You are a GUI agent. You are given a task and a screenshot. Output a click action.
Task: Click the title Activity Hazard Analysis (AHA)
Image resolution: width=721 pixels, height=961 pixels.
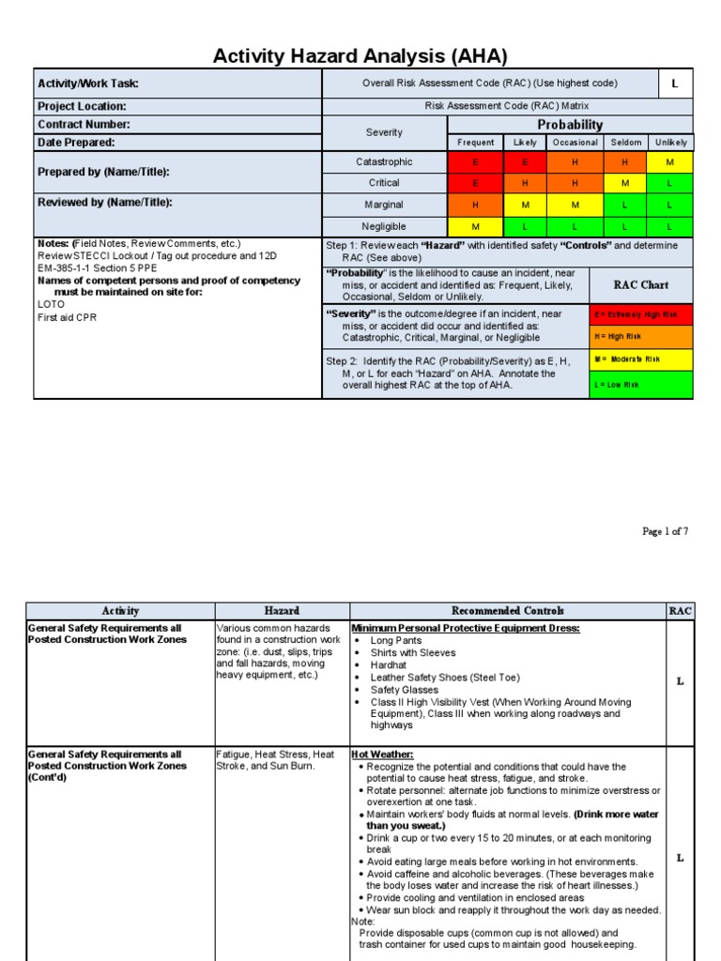pyautogui.click(x=360, y=56)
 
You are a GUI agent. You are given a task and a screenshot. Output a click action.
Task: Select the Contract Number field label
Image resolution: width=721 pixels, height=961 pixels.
pyautogui.click(x=84, y=125)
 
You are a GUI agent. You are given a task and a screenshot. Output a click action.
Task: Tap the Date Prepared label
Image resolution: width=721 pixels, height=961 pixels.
pyautogui.click(x=77, y=143)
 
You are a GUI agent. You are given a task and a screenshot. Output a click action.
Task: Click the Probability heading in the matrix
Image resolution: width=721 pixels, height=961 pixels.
pyautogui.click(x=570, y=125)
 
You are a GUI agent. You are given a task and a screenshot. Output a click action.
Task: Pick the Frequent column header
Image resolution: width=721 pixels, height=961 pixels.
pyautogui.click(x=476, y=143)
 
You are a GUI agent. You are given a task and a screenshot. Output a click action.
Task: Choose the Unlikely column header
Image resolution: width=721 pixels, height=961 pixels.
pyautogui.click(x=670, y=143)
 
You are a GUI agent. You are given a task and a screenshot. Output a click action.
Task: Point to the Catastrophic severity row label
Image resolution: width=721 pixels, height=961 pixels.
pyautogui.click(x=384, y=162)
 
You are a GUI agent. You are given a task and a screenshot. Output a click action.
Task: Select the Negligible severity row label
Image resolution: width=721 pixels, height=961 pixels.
pyautogui.click(x=384, y=226)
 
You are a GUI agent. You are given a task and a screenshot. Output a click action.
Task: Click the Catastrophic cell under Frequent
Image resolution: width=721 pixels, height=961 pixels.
pyautogui.click(x=476, y=162)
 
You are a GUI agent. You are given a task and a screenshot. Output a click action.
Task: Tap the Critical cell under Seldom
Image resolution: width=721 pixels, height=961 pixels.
pyautogui.click(x=625, y=183)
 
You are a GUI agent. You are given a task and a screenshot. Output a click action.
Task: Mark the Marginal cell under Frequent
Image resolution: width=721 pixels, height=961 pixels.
pyautogui.click(x=476, y=205)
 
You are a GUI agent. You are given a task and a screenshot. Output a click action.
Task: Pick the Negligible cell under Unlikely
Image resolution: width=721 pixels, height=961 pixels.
pyautogui.click(x=670, y=226)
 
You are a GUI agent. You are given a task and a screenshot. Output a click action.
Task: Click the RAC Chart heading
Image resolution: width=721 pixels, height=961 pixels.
pyautogui.click(x=641, y=284)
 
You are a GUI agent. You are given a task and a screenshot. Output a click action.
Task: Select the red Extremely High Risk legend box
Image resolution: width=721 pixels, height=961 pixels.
pyautogui.click(x=641, y=314)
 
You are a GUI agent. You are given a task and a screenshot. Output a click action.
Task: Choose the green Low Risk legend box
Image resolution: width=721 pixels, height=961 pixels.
pyautogui.click(x=641, y=385)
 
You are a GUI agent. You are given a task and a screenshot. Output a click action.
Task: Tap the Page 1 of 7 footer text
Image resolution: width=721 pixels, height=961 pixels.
pyautogui.click(x=665, y=531)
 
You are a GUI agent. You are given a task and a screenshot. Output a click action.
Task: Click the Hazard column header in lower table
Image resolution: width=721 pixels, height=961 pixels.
pyautogui.click(x=282, y=611)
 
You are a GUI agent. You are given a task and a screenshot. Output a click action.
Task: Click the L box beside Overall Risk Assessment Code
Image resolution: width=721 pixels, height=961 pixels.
pyautogui.click(x=674, y=84)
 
